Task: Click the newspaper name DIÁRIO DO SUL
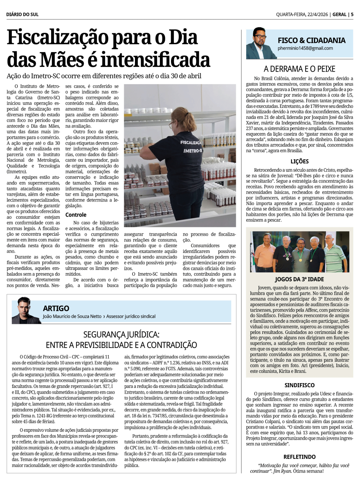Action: pyautogui.click(x=22, y=14)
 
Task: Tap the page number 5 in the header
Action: pyautogui.click(x=352, y=14)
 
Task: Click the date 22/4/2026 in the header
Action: pyautogui.click(x=318, y=14)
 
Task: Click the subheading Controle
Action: pyautogui.click(x=76, y=215)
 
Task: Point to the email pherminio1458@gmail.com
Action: pyautogui.click(x=305, y=48)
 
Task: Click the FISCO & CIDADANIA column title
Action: pyautogui.click(x=311, y=40)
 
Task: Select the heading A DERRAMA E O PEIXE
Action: pyautogui.click(x=299, y=69)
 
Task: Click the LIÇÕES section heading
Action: pyautogui.click(x=300, y=162)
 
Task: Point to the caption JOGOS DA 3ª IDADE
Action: pyautogui.click(x=299, y=279)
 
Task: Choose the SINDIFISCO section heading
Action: pyautogui.click(x=299, y=385)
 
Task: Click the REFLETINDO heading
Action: pyautogui.click(x=299, y=457)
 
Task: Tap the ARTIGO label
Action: pyautogui.click(x=56, y=308)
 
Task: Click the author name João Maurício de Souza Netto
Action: pyautogui.click(x=72, y=316)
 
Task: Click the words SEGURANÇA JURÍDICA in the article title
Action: pyautogui.click(x=121, y=335)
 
